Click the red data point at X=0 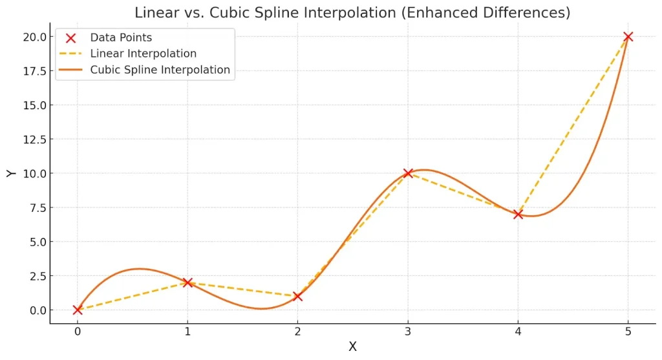[x=78, y=310]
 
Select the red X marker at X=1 [x=187, y=282]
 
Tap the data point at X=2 [x=297, y=296]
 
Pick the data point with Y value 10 [x=408, y=173]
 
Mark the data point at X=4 [x=518, y=214]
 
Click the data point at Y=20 [x=628, y=37]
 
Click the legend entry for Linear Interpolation [x=143, y=54]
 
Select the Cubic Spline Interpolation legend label [x=160, y=70]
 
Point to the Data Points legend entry [x=121, y=37]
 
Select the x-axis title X [x=352, y=347]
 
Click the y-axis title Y [x=10, y=173]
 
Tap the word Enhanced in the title [x=434, y=12]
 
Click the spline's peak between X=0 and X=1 [x=140, y=268]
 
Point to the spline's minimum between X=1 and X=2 [x=261, y=308]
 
